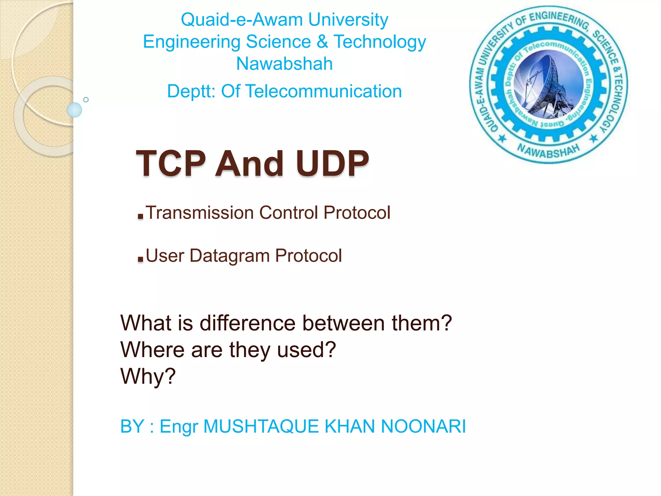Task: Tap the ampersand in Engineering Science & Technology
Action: coord(322,42)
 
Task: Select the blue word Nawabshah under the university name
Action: coord(284,64)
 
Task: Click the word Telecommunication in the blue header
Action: coord(324,91)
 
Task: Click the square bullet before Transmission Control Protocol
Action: coord(140,216)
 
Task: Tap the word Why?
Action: coord(148,376)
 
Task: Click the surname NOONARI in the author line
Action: coord(423,426)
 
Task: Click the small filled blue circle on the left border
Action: coord(74,110)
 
